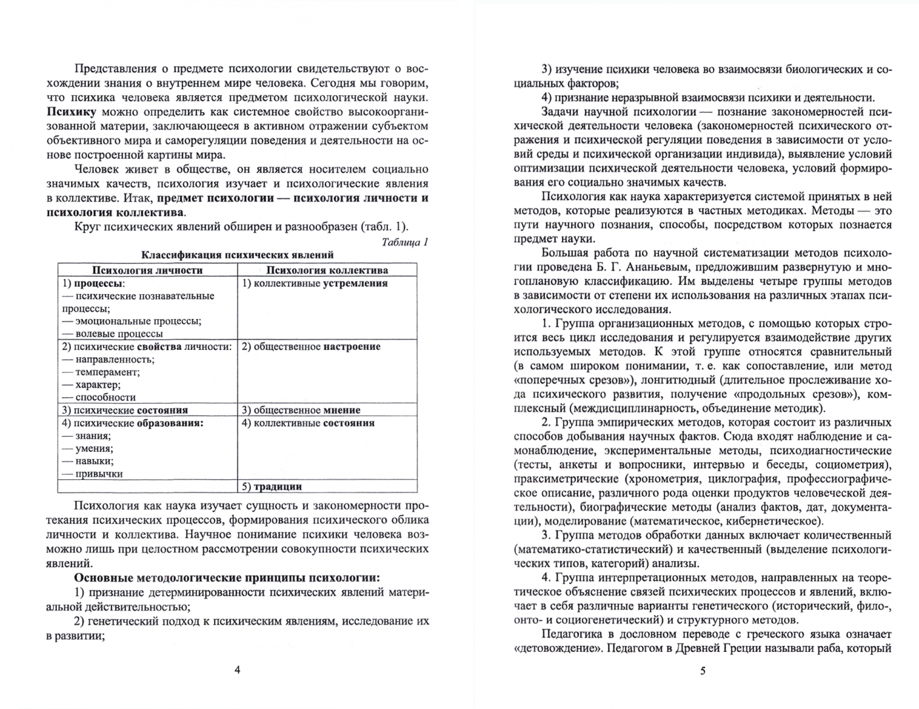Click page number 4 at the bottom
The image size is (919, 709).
point(238,670)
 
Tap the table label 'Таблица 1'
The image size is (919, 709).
point(405,242)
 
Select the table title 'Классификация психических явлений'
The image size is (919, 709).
point(238,255)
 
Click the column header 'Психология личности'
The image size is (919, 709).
point(147,270)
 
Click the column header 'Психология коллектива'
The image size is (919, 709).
point(327,270)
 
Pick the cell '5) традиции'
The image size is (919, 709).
point(272,486)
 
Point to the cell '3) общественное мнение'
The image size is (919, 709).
point(301,410)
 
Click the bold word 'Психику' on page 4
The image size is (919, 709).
point(72,112)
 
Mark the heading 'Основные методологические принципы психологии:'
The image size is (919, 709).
point(226,578)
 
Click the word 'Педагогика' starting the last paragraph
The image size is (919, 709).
point(573,634)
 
